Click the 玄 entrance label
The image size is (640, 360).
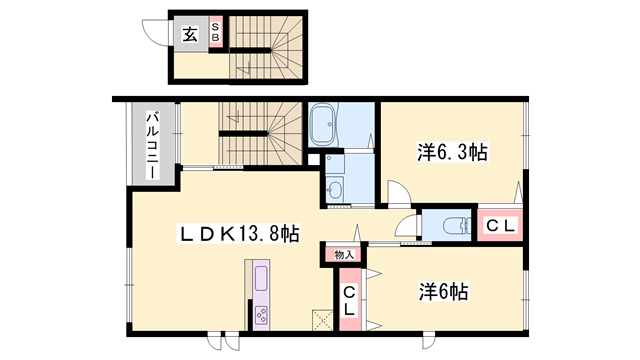click(x=190, y=34)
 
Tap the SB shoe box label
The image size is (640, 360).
click(x=215, y=32)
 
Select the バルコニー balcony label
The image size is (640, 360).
click(x=153, y=145)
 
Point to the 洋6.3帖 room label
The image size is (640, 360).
click(x=452, y=152)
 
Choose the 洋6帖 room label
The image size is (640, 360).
click(x=444, y=291)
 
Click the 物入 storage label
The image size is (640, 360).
click(x=344, y=255)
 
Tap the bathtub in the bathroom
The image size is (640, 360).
click(x=323, y=124)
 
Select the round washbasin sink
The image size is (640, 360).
click(x=335, y=189)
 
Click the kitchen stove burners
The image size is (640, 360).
click(x=261, y=315)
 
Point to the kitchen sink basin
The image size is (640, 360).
click(x=261, y=279)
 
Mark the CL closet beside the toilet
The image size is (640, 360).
click(x=500, y=225)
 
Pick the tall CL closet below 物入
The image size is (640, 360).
click(x=349, y=299)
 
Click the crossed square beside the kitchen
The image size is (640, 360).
click(x=322, y=320)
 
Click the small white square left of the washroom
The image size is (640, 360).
click(x=313, y=159)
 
